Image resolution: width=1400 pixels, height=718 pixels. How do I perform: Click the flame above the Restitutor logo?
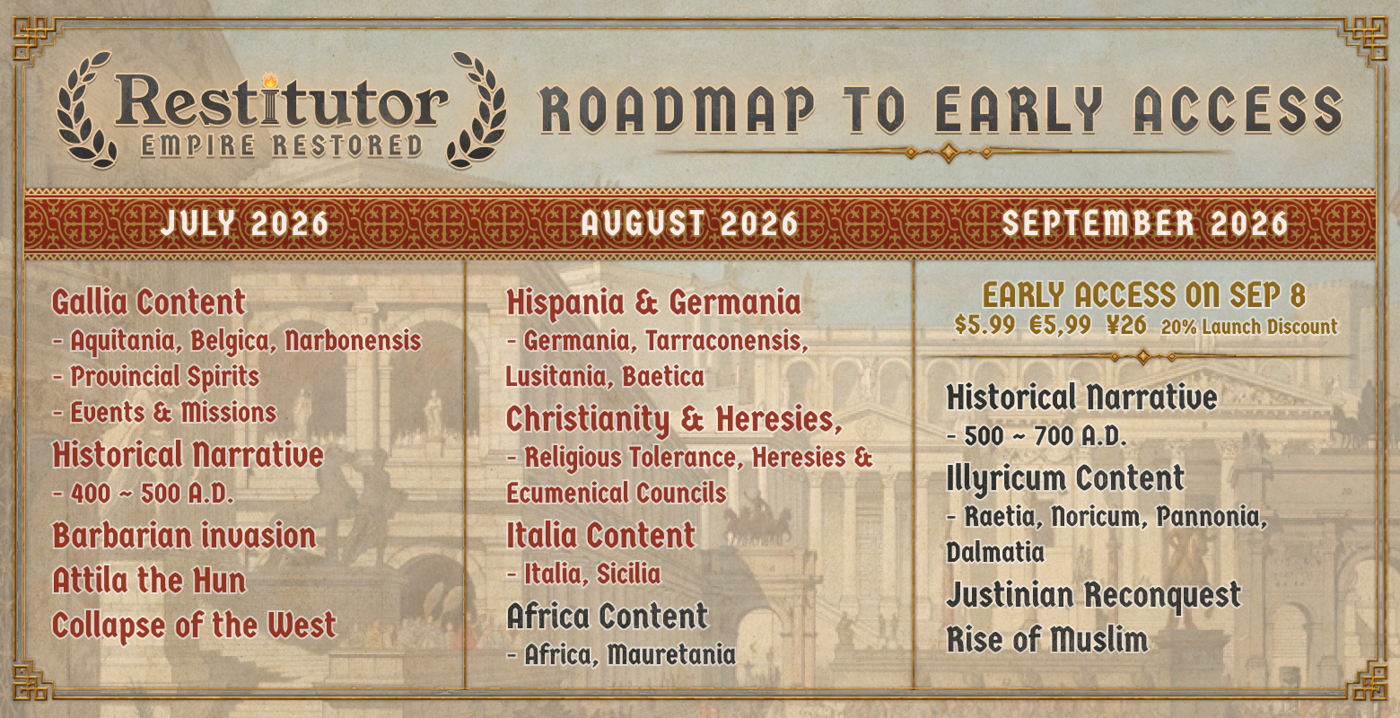270,80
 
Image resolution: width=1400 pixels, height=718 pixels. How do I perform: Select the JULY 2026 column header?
245,223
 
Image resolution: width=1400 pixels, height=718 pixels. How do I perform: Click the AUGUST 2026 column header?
690,223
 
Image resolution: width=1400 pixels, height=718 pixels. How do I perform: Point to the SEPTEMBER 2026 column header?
1145,223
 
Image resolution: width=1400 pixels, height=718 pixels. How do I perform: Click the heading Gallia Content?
149,303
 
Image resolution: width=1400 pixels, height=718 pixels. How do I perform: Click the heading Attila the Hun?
149,581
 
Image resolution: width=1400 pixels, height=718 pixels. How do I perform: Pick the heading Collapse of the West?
195,626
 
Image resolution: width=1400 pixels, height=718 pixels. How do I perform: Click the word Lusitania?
556,377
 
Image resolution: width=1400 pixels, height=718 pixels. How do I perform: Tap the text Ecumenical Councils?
617,493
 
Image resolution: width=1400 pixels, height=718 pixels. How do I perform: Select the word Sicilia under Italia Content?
628,574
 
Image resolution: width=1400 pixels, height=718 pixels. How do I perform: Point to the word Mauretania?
671,655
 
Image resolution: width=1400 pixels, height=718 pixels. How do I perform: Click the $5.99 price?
984,326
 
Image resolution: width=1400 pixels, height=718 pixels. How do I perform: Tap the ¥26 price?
1126,326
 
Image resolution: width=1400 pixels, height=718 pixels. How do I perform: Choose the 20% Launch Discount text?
1249,327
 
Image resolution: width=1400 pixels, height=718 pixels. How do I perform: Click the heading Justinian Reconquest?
1094,595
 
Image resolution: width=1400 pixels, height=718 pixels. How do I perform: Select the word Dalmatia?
995,552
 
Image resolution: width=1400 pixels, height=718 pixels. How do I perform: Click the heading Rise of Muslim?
1047,640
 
